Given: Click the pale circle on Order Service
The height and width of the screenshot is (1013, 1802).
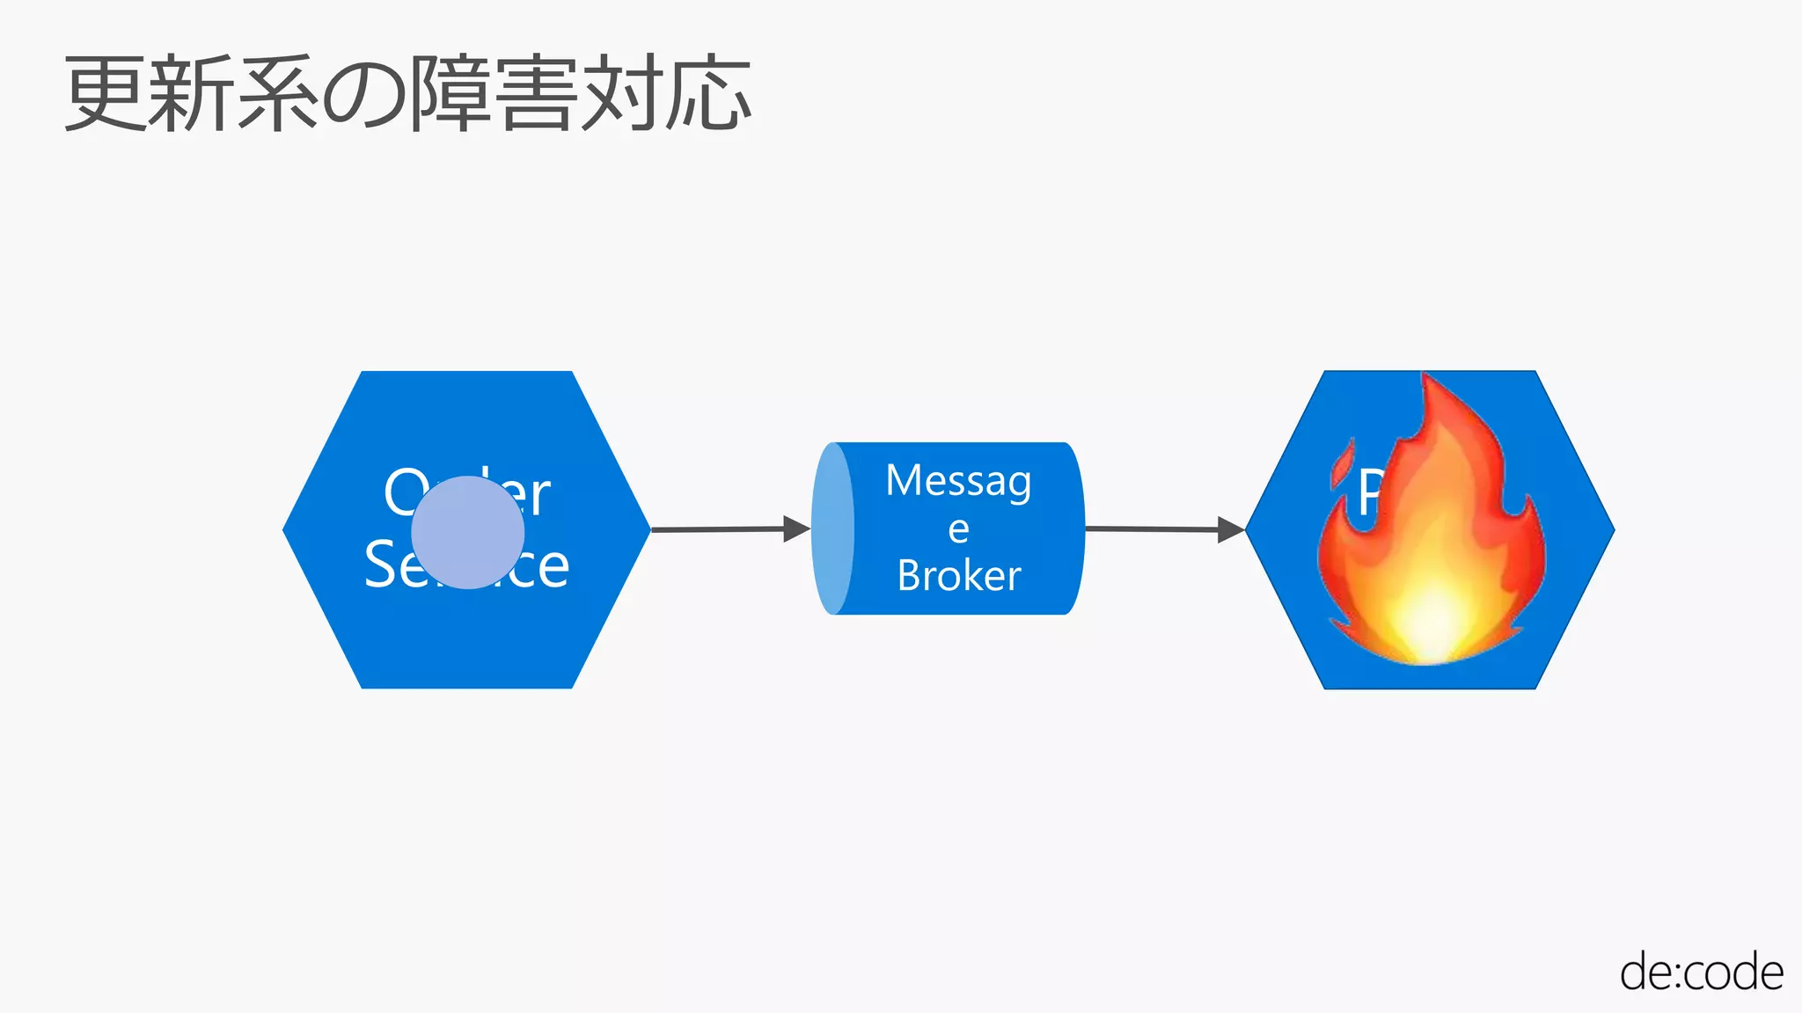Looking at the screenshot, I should click(467, 532).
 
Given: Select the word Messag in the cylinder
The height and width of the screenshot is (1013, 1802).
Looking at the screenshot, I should click(958, 481).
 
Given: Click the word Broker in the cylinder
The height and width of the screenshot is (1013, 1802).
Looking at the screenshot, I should click(959, 576).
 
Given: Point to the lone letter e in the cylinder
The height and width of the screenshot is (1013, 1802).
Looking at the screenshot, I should click(958, 529).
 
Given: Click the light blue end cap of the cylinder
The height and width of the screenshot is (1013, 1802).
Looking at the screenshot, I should click(831, 528).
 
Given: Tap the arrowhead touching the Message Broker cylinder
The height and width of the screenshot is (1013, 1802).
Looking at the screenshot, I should click(796, 528).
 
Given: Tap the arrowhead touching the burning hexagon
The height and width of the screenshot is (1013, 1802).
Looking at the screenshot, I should click(1230, 529).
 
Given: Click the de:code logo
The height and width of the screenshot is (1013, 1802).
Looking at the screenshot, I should click(1701, 973).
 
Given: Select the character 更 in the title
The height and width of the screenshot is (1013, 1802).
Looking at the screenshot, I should click(104, 93).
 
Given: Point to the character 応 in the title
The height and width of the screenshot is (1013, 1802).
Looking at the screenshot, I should click(707, 93).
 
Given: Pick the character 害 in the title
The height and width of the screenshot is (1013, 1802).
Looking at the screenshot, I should click(536, 93).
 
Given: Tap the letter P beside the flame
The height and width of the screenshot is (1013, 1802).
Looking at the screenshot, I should click(1370, 493).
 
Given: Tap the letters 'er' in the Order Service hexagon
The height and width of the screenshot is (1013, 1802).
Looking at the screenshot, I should click(526, 495).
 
